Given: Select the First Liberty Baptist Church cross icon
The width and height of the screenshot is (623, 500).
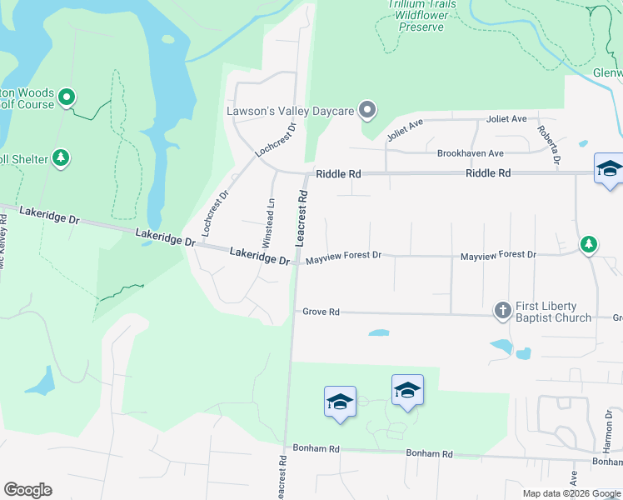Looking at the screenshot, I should [x=502, y=311].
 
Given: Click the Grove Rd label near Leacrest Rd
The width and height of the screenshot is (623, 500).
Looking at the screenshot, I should [x=321, y=312].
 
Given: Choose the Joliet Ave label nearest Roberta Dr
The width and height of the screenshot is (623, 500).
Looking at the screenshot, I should [x=507, y=119].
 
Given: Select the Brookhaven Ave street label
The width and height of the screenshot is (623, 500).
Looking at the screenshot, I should [x=471, y=153].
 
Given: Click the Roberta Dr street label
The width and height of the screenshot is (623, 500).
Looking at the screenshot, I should [x=549, y=142].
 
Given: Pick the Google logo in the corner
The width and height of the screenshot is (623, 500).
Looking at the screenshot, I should [x=27, y=490].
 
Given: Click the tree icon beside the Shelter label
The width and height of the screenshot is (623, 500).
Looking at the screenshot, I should [x=60, y=157].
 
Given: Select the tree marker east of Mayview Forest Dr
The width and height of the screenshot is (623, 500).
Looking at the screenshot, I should [x=589, y=244].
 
